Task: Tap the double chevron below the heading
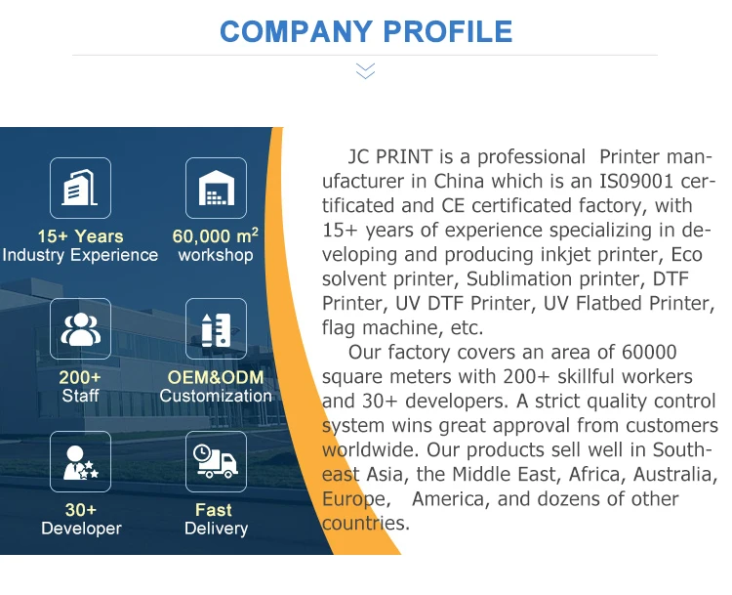pos(365,70)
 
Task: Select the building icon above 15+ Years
pos(80,189)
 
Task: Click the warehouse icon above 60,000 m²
pos(216,189)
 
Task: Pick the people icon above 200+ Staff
pos(80,329)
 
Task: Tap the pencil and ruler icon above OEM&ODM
pos(216,329)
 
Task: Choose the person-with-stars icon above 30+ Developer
pos(80,461)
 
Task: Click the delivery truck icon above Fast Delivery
pos(216,461)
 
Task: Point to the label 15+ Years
pos(80,236)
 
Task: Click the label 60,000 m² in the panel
pos(215,236)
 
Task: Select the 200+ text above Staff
pos(80,377)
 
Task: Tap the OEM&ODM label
pos(216,377)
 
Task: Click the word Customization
pos(216,396)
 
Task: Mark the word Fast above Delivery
pos(214,510)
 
